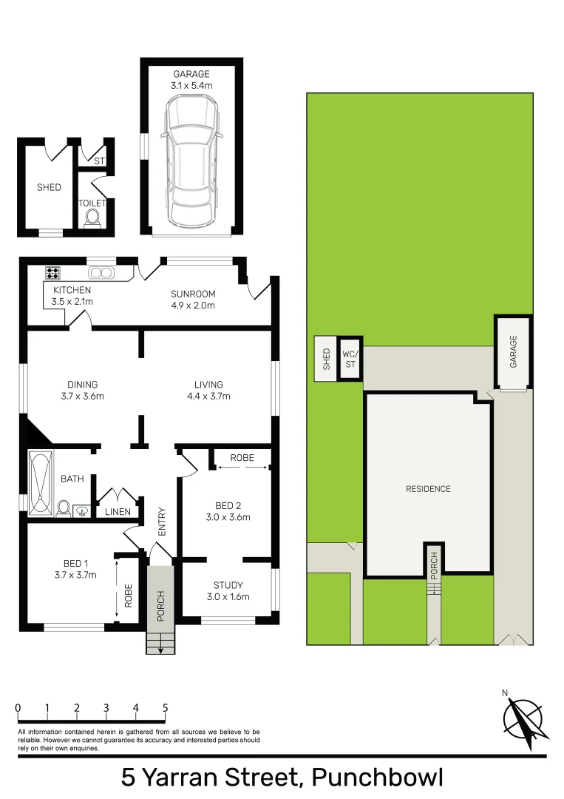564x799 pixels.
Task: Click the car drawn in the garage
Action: pyautogui.click(x=191, y=163)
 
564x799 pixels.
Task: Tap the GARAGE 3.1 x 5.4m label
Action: pyautogui.click(x=191, y=80)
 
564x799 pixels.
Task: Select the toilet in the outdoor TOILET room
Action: pyautogui.click(x=92, y=217)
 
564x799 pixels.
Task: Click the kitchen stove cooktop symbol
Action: pyautogui.click(x=53, y=272)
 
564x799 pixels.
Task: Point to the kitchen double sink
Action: pyautogui.click(x=102, y=272)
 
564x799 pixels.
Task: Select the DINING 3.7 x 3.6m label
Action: pyautogui.click(x=82, y=390)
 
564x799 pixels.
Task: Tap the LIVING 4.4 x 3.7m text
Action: pyautogui.click(x=208, y=390)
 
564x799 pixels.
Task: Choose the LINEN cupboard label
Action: pyautogui.click(x=118, y=512)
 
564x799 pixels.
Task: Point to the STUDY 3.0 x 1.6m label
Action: pyautogui.click(x=227, y=591)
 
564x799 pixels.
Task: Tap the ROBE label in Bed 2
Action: pyautogui.click(x=242, y=458)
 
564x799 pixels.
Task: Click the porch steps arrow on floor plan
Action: pyautogui.click(x=160, y=646)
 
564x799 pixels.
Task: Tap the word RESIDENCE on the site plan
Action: pyautogui.click(x=428, y=489)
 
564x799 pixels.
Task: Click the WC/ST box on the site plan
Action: pyautogui.click(x=349, y=359)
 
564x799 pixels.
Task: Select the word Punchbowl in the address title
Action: pyautogui.click(x=376, y=778)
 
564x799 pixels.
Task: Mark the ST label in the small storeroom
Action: pyautogui.click(x=98, y=160)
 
